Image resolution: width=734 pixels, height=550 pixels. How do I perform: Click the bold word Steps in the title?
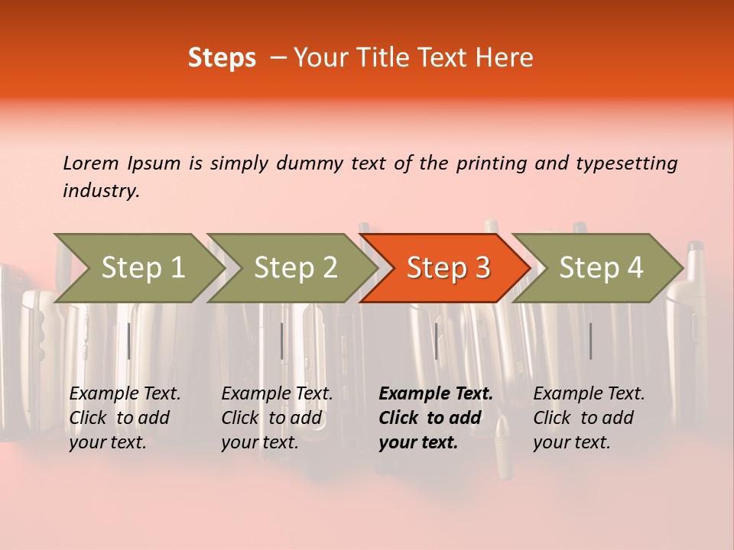pyautogui.click(x=222, y=58)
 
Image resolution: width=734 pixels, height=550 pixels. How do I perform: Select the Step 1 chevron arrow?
pyautogui.click(x=139, y=268)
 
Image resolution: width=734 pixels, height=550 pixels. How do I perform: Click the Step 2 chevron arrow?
pyautogui.click(x=291, y=268)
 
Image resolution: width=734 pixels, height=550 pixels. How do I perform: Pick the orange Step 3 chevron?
pyautogui.click(x=444, y=268)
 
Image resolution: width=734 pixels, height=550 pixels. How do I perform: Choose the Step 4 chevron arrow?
pyautogui.click(x=597, y=268)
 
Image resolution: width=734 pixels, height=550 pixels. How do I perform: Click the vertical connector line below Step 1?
pyautogui.click(x=128, y=341)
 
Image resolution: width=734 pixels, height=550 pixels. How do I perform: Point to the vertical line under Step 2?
pyautogui.click(x=281, y=341)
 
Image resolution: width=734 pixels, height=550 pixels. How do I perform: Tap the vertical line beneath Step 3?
pyautogui.click(x=436, y=341)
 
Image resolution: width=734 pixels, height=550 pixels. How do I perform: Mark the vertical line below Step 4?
pyautogui.click(x=590, y=341)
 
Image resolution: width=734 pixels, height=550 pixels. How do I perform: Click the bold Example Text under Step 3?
pyautogui.click(x=436, y=394)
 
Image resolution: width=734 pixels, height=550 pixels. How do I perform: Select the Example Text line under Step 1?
pyautogui.click(x=125, y=394)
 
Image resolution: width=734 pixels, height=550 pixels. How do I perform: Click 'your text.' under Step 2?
pyautogui.click(x=260, y=442)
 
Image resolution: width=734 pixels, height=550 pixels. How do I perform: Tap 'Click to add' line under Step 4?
pyautogui.click(x=583, y=418)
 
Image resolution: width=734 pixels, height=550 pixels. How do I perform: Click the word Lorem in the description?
pyautogui.click(x=91, y=163)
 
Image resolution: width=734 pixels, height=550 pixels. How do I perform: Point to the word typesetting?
pyautogui.click(x=627, y=164)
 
